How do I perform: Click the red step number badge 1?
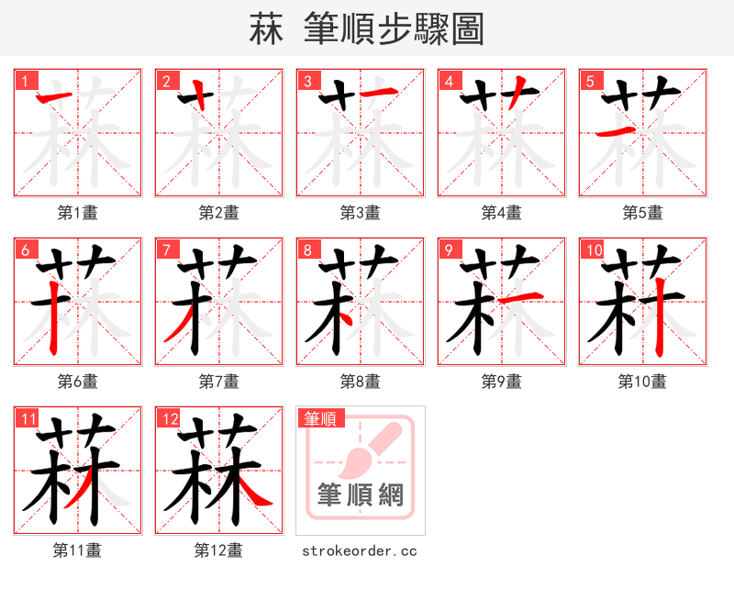click(x=25, y=81)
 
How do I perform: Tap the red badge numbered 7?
click(x=166, y=250)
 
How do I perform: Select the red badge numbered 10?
click(x=593, y=250)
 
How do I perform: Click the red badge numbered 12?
click(x=169, y=419)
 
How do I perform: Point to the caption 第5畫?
click(x=642, y=213)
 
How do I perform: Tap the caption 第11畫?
click(x=77, y=550)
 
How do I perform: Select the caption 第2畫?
click(x=218, y=213)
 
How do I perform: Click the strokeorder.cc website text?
click(x=359, y=551)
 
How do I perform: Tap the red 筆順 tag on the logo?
click(x=321, y=419)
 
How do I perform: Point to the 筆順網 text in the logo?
click(x=360, y=495)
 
